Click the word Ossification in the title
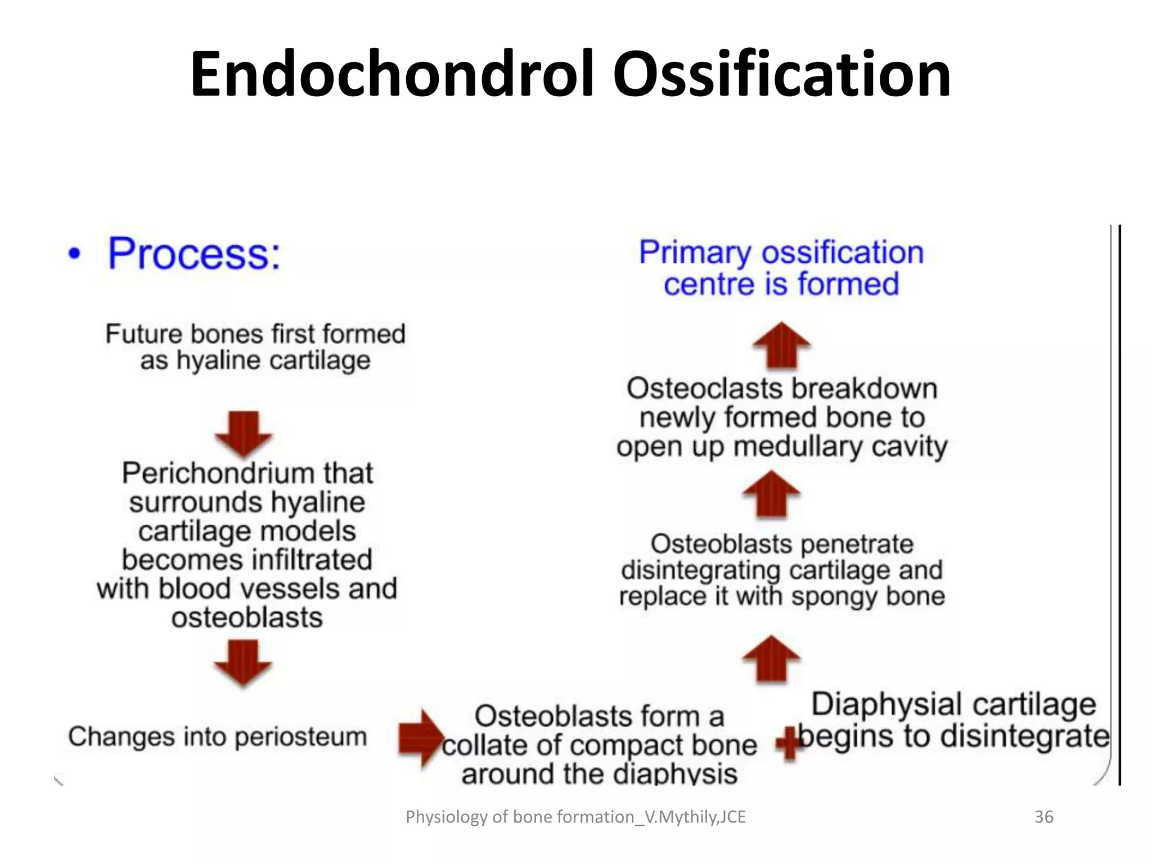tap(782, 74)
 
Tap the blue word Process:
tap(194, 254)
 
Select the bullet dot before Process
tap(74, 254)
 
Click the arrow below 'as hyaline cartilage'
tap(244, 434)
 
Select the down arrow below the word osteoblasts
tap(243, 664)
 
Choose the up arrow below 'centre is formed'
tap(781, 345)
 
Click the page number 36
tap(1044, 817)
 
